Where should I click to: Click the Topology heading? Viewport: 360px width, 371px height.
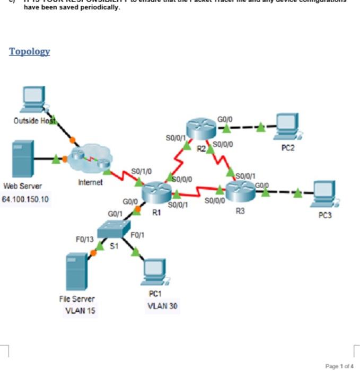coord(30,51)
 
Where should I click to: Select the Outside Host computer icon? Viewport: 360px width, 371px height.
coord(33,98)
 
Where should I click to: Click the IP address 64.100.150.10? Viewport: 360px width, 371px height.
coord(26,199)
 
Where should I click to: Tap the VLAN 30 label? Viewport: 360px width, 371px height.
coord(163,306)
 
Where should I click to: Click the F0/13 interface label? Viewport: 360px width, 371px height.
coord(84,240)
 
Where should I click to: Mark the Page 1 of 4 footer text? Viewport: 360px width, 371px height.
coord(339,366)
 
